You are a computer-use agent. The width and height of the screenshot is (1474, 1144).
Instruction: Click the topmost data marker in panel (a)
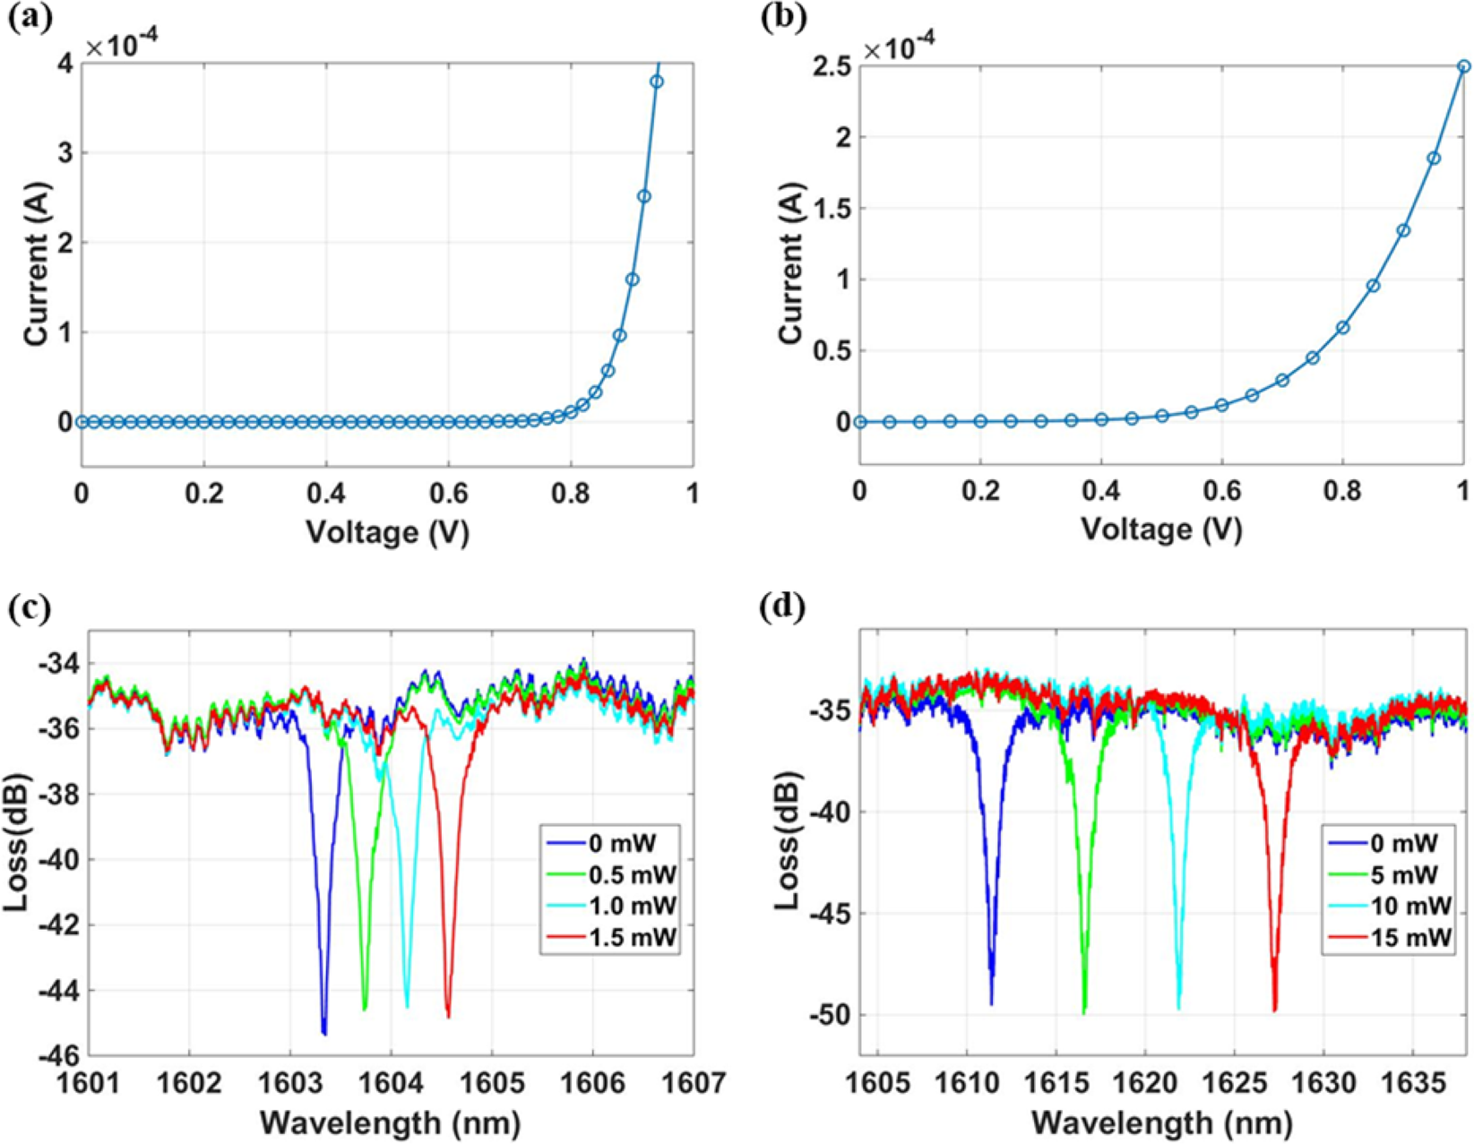pyautogui.click(x=657, y=82)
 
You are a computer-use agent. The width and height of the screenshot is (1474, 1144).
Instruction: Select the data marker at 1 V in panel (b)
pyautogui.click(x=1463, y=66)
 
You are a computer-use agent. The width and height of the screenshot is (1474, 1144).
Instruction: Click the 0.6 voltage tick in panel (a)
pyautogui.click(x=448, y=494)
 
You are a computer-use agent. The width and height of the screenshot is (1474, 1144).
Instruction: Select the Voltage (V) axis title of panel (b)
pyautogui.click(x=1161, y=529)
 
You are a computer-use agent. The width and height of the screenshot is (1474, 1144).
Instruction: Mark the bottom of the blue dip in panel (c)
pyautogui.click(x=324, y=1033)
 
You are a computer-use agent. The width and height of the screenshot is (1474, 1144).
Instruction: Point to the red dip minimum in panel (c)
pyautogui.click(x=448, y=1016)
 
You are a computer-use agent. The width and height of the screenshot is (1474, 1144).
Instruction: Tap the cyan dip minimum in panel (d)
pyautogui.click(x=1178, y=1008)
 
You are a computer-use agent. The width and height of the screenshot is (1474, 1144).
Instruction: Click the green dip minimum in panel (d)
pyautogui.click(x=1084, y=1012)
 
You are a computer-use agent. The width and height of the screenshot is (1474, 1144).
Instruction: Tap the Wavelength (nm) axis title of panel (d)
pyautogui.click(x=1161, y=1122)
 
